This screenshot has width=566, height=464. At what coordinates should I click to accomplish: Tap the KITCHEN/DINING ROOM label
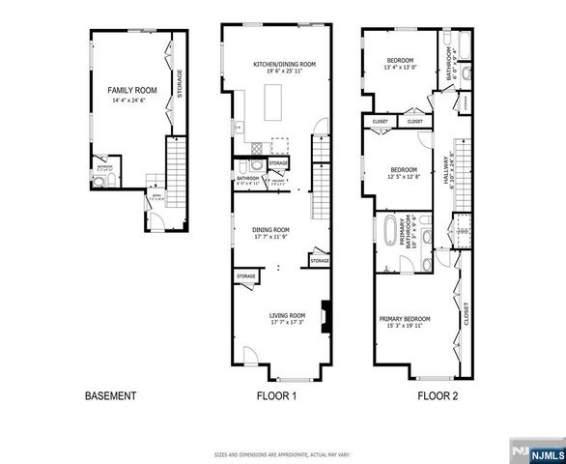[x=285, y=64]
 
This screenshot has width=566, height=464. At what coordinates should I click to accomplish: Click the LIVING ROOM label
[x=287, y=315]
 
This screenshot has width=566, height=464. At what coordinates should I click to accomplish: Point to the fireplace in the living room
[x=326, y=316]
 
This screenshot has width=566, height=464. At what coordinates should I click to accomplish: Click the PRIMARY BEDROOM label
[x=404, y=318]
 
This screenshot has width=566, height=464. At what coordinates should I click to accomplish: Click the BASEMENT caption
[x=111, y=396]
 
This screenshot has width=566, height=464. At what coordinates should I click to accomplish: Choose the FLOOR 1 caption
[x=275, y=396]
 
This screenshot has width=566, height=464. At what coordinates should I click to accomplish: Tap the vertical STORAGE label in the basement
[x=179, y=82]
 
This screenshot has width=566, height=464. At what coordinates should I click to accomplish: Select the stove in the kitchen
[x=256, y=148]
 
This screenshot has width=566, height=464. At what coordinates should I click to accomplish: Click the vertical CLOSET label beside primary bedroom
[x=466, y=313]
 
